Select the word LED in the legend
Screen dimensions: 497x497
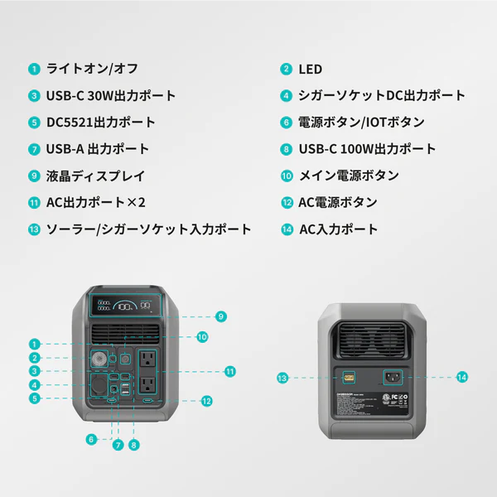tap(311, 69)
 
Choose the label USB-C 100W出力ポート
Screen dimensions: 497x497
tap(367, 149)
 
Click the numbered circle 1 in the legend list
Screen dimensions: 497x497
tap(34, 69)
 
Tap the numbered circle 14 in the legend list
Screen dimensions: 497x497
tap(287, 229)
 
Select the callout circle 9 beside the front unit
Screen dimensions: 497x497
tap(220, 316)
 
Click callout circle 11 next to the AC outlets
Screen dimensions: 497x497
tap(230, 371)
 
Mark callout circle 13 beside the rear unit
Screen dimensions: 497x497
tap(282, 378)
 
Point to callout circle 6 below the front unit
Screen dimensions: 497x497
tap(91, 440)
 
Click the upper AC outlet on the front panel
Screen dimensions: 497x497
tap(148, 359)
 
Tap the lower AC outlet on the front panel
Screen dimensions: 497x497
tap(148, 385)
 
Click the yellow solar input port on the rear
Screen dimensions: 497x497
tap(348, 377)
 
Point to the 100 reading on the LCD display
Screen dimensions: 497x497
tap(126, 306)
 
